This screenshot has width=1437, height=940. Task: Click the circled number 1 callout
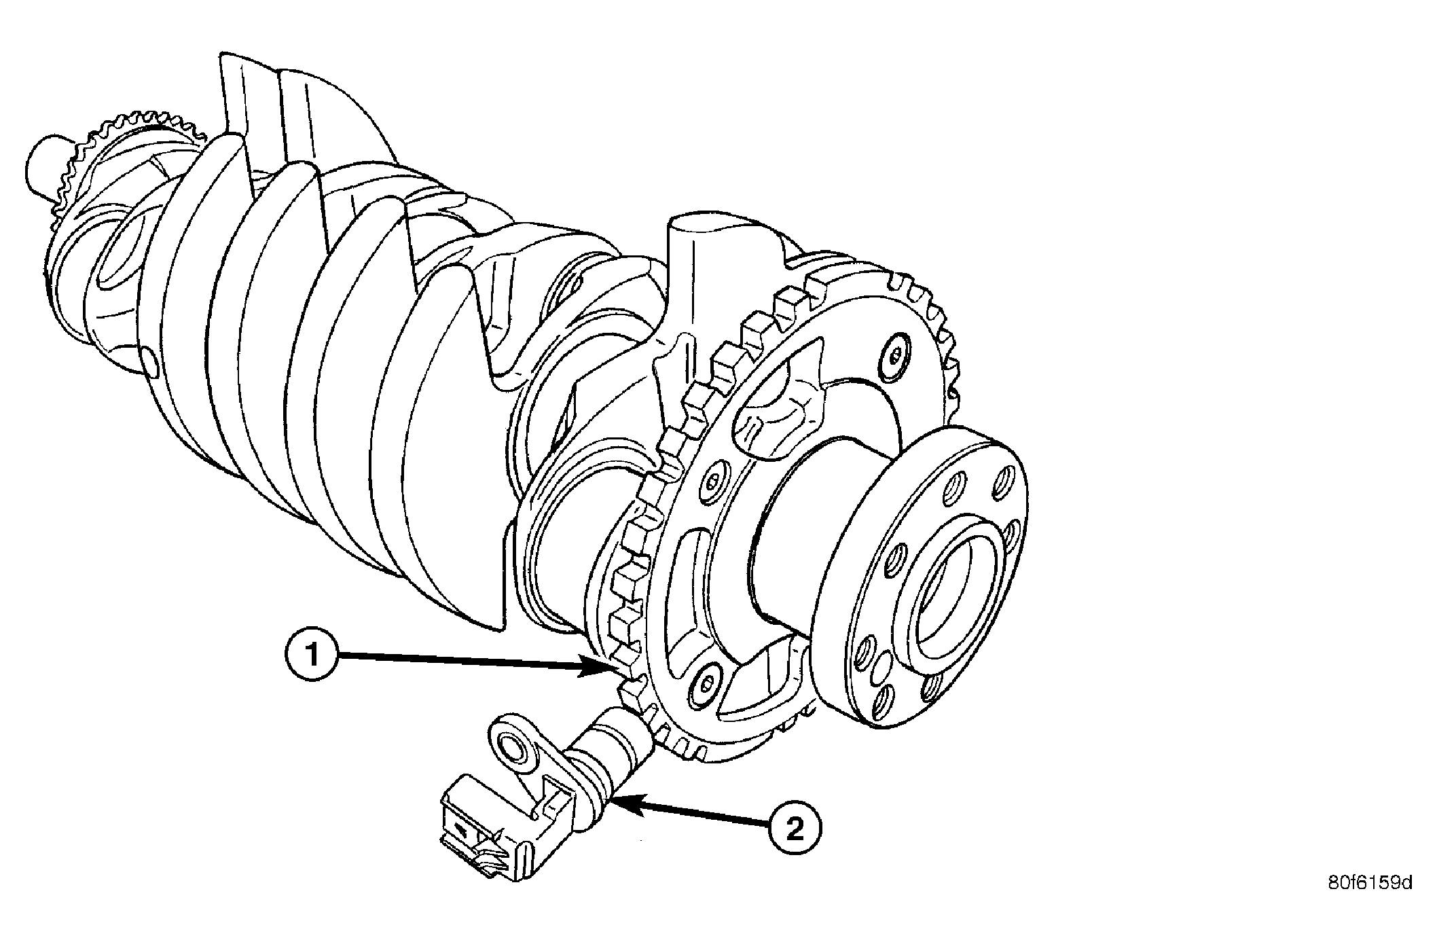312,655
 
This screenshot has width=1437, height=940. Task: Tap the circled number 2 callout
795,829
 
